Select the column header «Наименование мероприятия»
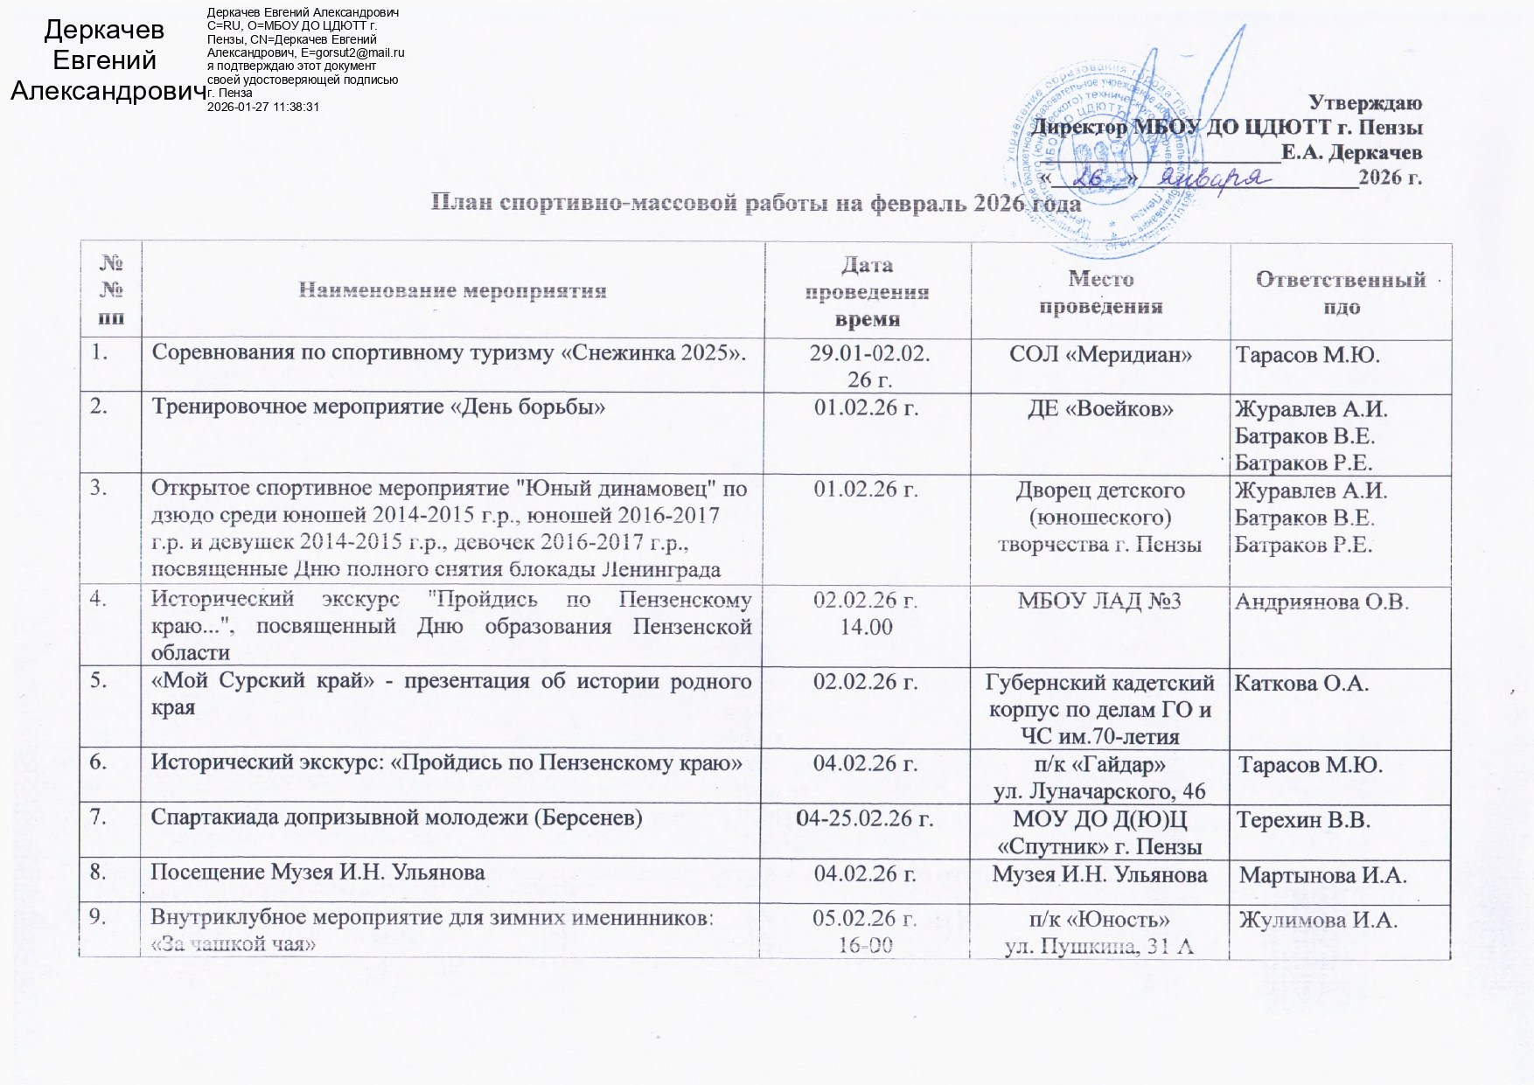click(x=453, y=290)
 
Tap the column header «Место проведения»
click(x=1099, y=292)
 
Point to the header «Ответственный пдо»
click(x=1341, y=292)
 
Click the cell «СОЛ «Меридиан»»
click(x=1099, y=355)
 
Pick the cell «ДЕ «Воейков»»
click(x=1099, y=408)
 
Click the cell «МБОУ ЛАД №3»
click(x=1099, y=602)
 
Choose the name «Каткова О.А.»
click(x=1300, y=683)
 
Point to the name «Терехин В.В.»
click(x=1303, y=820)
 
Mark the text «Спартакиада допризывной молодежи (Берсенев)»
click(x=397, y=819)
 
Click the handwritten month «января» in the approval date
click(x=1214, y=177)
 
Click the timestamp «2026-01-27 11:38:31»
click(x=263, y=106)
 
